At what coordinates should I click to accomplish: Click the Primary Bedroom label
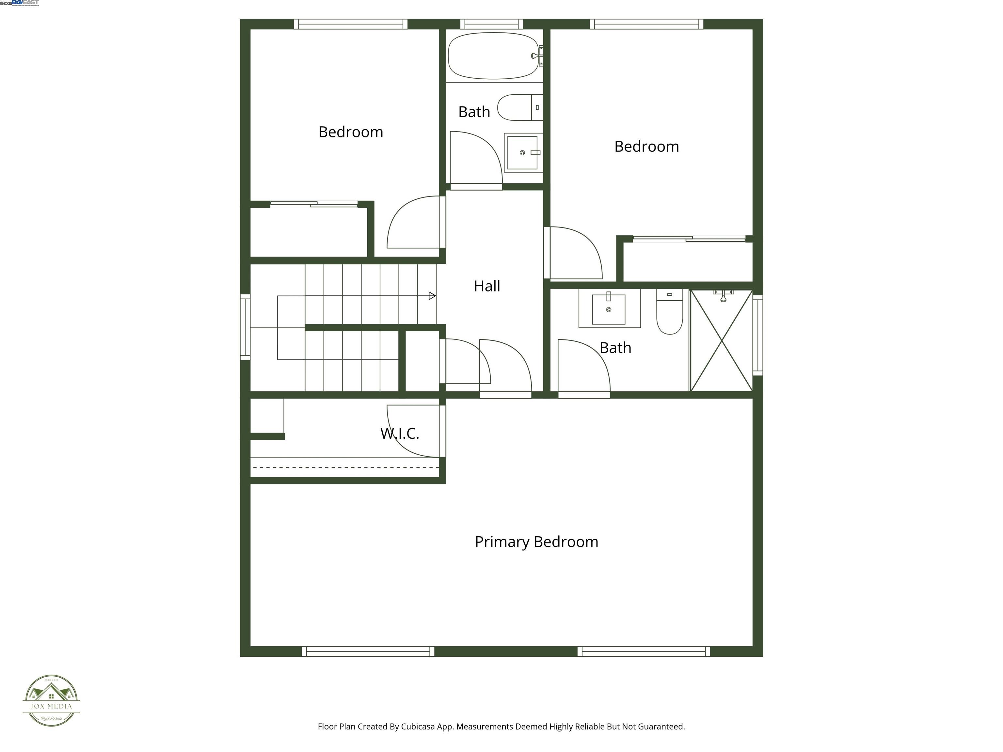(x=536, y=542)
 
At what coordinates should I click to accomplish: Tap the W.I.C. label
(x=400, y=433)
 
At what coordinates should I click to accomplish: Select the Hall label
(x=487, y=286)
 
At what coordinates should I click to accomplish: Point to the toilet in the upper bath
(x=520, y=107)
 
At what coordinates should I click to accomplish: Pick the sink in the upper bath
(x=523, y=153)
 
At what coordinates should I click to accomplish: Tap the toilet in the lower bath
(x=669, y=311)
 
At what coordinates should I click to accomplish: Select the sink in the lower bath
(x=609, y=309)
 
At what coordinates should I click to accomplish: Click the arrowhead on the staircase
(x=432, y=296)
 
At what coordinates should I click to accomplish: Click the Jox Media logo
(x=51, y=700)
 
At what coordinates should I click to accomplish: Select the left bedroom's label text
(x=351, y=132)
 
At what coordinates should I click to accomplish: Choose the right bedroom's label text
(x=646, y=147)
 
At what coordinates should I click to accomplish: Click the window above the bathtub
(x=492, y=24)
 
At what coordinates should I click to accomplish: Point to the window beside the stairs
(x=245, y=327)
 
